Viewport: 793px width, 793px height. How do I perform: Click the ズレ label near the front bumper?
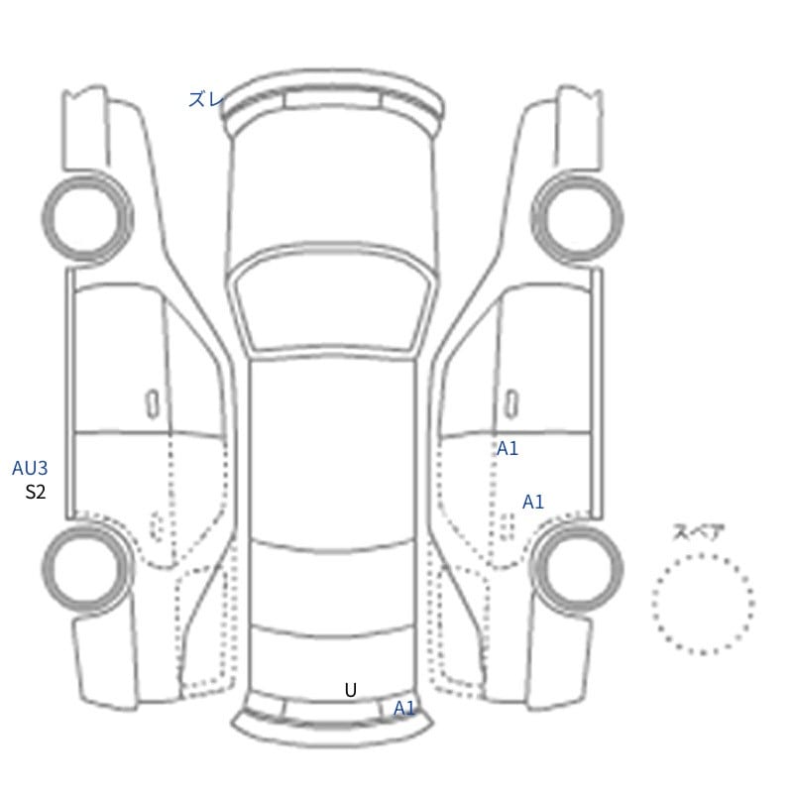[x=205, y=99]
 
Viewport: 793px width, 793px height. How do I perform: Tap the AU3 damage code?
[x=30, y=468]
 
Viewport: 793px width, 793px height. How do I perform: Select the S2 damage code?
[x=36, y=492]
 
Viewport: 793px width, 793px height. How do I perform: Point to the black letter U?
[x=351, y=690]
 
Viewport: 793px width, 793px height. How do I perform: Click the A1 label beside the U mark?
[x=403, y=709]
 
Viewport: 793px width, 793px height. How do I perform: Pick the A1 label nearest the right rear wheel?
[x=533, y=502]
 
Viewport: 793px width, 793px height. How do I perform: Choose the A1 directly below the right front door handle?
[x=508, y=448]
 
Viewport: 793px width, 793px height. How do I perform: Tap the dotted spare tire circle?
[x=704, y=555]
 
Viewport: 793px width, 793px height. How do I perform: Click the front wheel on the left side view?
[x=87, y=175]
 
